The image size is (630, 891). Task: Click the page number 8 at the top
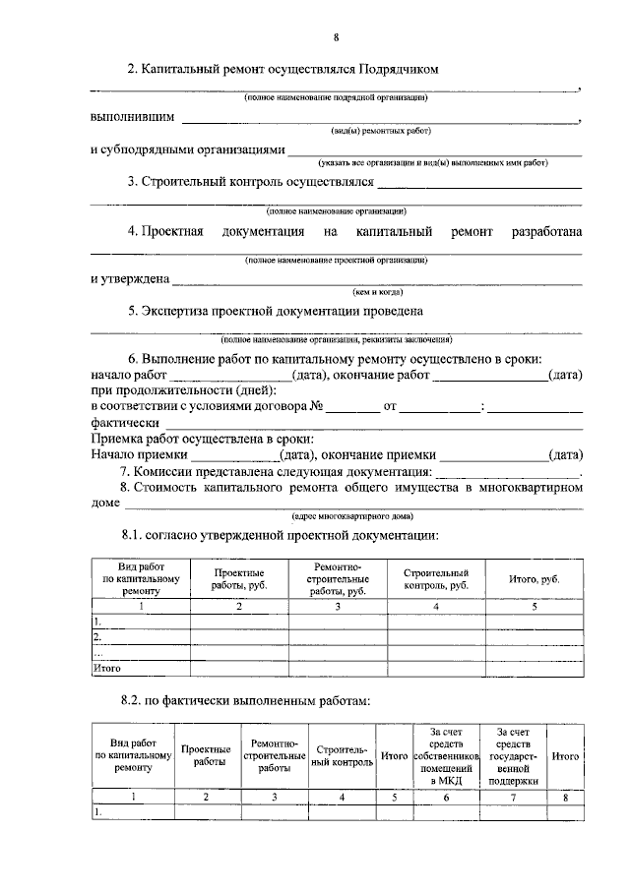335,37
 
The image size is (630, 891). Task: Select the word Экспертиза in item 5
182,312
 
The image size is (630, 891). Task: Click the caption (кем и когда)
377,292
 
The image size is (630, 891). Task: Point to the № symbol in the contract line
317,406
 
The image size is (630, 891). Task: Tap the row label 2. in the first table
97,637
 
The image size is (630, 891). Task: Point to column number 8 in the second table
565,798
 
